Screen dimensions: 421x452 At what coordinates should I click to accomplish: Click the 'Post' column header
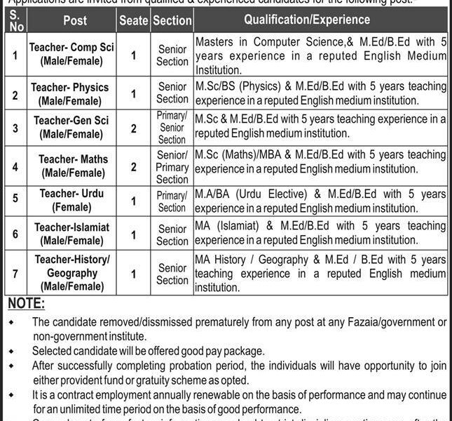(x=74, y=20)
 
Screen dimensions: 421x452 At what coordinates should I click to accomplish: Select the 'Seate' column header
(x=133, y=20)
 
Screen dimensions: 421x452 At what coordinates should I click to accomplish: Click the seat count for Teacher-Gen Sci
(x=133, y=127)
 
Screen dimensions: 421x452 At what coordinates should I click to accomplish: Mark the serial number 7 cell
(x=15, y=273)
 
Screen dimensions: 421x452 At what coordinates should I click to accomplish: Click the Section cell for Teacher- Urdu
(x=172, y=201)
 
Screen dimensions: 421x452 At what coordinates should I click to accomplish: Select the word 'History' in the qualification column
(x=237, y=260)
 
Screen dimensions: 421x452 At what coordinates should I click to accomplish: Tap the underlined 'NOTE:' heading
(x=25, y=304)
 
